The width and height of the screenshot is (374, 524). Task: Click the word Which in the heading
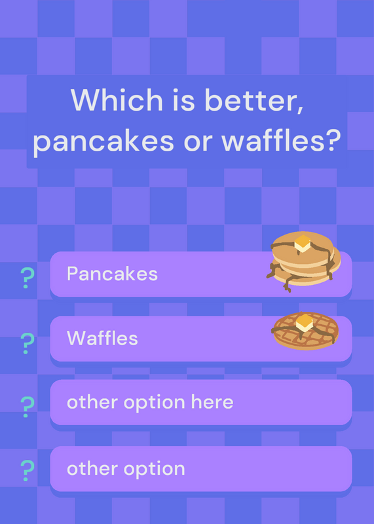117,100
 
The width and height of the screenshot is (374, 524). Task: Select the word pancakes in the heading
103,141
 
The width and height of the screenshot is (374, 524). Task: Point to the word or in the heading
198,141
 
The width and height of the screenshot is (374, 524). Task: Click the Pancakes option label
112,274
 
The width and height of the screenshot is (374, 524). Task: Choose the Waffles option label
102,338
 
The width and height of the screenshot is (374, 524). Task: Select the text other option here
150,402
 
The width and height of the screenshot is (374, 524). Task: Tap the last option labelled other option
126,469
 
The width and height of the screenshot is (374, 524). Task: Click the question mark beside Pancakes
27,278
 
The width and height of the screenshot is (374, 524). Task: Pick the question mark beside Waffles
28,343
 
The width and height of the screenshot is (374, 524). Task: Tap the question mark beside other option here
28,407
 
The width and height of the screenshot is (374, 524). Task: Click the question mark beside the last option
28,471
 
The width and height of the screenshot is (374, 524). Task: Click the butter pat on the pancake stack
303,243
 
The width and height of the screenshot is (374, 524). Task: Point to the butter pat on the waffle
305,322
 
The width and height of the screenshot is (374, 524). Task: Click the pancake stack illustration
303,261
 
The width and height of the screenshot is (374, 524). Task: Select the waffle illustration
305,331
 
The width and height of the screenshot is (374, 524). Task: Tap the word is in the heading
183,100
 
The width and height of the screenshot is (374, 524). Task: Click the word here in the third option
212,402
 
